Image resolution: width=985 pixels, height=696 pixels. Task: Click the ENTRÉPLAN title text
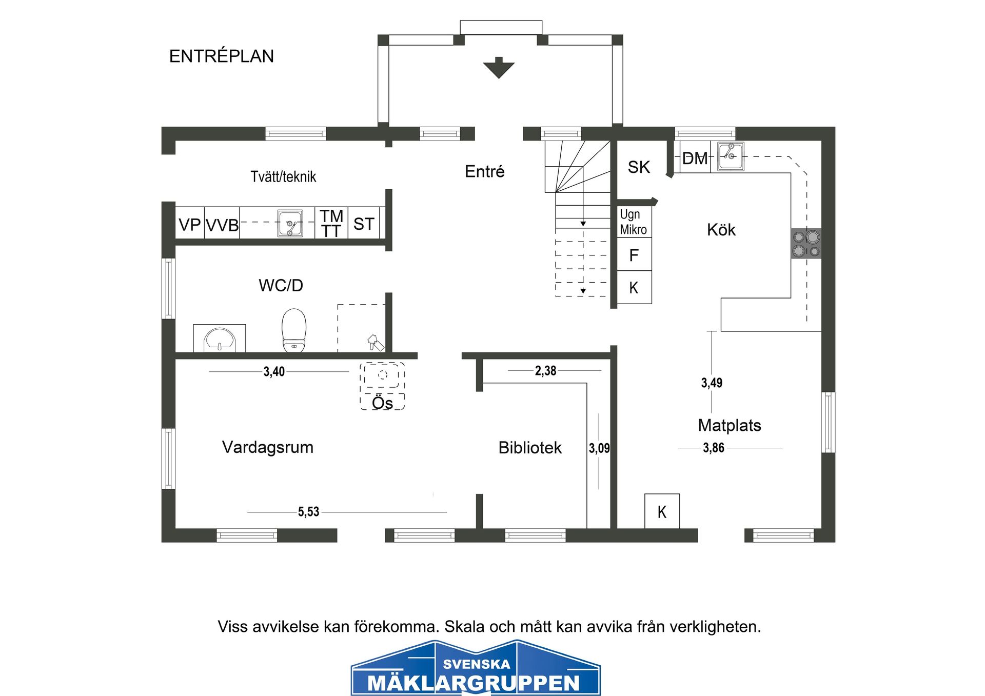(221, 56)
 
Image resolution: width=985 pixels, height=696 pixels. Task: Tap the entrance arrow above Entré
(498, 68)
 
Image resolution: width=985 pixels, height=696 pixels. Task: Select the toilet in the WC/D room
(294, 330)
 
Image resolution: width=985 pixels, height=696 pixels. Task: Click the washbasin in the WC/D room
(220, 339)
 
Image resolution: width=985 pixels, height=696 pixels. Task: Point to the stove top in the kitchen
(806, 244)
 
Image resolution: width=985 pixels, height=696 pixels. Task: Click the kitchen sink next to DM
(731, 156)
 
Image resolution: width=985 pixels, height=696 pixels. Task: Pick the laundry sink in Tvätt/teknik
(290, 223)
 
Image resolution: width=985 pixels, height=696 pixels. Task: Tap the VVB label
(222, 225)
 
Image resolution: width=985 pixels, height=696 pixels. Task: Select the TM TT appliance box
(331, 223)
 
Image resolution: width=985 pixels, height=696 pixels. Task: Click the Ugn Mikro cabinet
(634, 222)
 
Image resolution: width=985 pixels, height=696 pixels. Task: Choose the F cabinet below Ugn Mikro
(634, 255)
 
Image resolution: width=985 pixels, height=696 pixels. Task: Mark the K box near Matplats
(662, 511)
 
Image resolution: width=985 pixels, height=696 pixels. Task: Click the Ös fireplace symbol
(382, 386)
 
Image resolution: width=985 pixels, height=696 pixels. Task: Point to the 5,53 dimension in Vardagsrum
(308, 511)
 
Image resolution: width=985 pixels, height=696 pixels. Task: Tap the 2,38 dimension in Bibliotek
(545, 370)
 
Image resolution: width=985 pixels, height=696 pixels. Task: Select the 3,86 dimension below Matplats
(713, 448)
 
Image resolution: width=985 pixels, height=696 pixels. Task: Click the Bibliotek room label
(530, 448)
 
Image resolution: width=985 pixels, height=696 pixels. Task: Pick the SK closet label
(639, 167)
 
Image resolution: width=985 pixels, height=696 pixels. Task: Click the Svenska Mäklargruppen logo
(476, 668)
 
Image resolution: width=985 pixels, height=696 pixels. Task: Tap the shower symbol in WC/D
(375, 343)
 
